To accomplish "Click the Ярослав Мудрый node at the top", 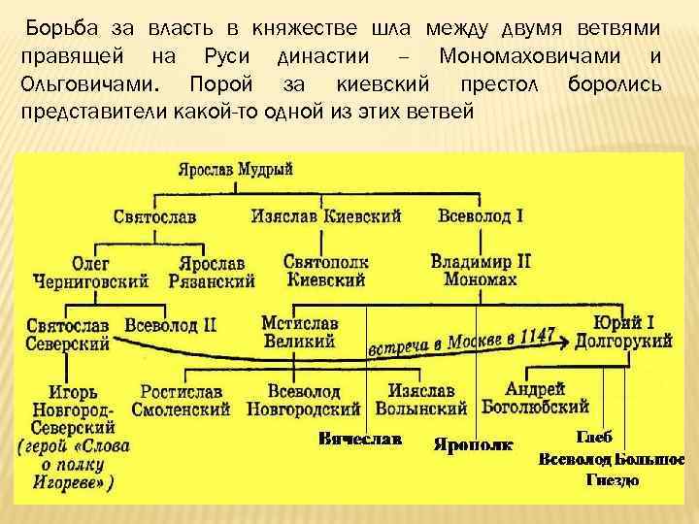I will (236, 169).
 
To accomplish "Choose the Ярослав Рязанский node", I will (212, 272).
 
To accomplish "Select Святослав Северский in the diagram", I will (67, 332).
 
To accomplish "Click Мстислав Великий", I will (299, 332).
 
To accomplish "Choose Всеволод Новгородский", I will (303, 400).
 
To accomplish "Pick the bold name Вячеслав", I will (359, 439).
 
